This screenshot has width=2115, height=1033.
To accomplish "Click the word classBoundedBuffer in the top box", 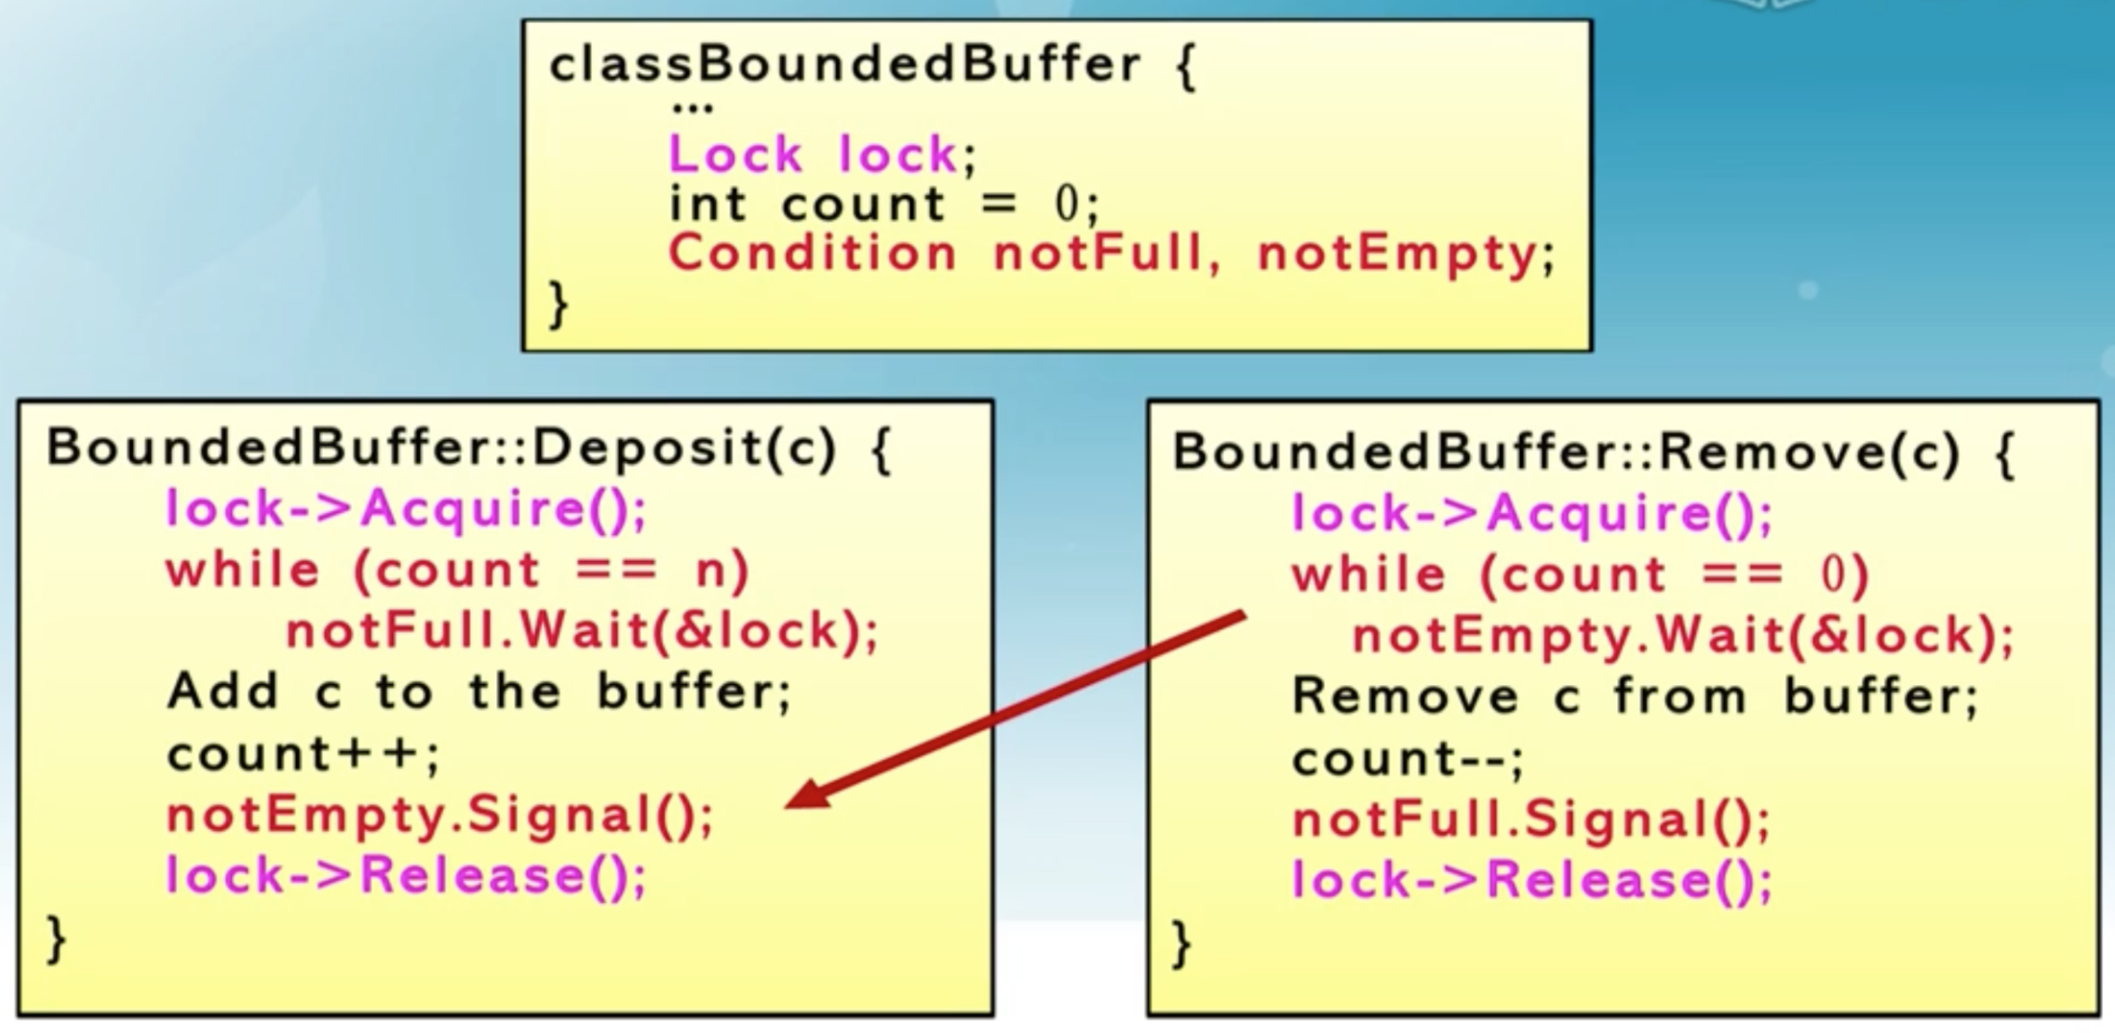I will tap(845, 66).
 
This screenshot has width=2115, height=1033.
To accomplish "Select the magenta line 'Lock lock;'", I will tap(823, 154).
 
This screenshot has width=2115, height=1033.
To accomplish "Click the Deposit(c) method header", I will tap(468, 449).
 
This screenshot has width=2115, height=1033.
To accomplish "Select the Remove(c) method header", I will tap(1593, 453).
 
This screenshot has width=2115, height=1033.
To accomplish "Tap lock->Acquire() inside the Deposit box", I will tap(406, 509).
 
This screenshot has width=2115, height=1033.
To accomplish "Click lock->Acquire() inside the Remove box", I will tap(1532, 514).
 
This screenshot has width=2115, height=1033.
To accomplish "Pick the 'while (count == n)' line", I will tap(458, 570).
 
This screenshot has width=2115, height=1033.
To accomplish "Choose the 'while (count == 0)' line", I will tap(1581, 574).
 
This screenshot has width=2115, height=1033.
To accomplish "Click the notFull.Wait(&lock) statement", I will tap(582, 631).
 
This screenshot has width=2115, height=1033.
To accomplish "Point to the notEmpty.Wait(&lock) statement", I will tap(1681, 637).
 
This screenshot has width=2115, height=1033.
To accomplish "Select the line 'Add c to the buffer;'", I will tap(479, 692).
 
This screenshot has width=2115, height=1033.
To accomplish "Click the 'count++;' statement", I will tap(303, 754).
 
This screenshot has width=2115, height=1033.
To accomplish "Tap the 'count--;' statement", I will tap(1408, 759).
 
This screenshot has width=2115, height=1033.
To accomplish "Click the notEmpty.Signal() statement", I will tap(439, 815).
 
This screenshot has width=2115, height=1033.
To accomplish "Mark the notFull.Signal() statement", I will tap(1531, 820).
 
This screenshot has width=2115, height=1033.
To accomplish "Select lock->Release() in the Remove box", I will tap(1532, 880).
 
